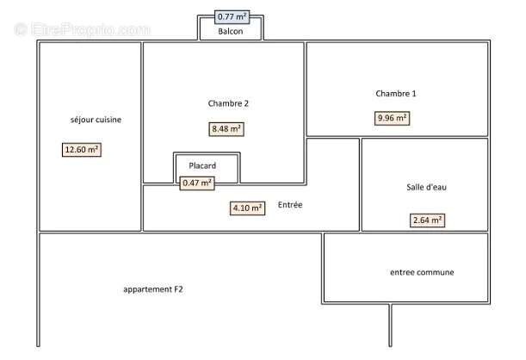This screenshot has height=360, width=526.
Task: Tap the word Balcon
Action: (230, 32)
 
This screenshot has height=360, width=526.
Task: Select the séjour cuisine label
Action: (96, 120)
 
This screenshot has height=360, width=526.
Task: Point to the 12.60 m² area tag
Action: (82, 150)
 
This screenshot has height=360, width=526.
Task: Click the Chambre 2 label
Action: (228, 103)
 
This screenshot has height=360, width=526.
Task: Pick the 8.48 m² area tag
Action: (227, 129)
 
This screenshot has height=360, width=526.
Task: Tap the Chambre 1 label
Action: (396, 93)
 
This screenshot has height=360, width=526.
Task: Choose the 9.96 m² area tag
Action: (392, 119)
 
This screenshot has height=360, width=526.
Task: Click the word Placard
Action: (201, 165)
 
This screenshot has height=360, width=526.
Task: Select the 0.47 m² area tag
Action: (197, 183)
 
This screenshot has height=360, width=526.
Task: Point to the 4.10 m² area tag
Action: (247, 208)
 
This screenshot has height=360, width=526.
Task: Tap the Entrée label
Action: (290, 205)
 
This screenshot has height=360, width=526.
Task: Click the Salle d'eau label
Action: (425, 188)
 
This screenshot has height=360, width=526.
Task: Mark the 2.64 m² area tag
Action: (427, 220)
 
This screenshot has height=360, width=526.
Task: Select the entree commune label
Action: (422, 273)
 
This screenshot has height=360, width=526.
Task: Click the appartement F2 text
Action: (153, 289)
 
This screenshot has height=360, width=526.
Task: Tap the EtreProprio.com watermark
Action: (83, 29)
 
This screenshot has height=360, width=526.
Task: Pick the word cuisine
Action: (108, 120)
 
